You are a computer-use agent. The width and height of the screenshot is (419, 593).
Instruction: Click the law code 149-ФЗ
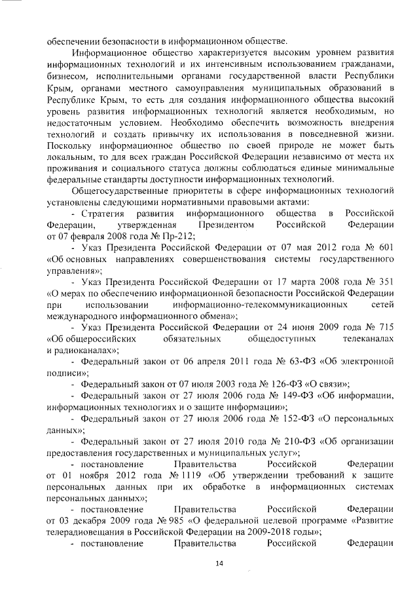(298, 395)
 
